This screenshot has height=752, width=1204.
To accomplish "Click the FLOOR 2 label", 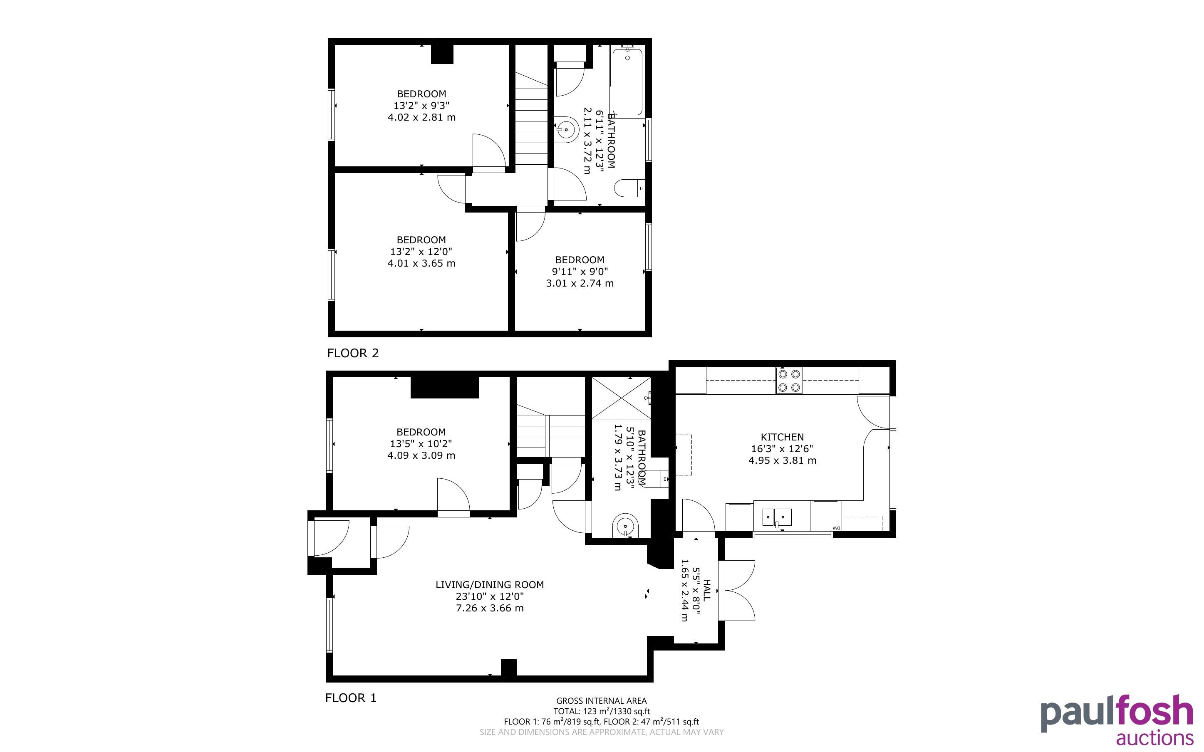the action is click(353, 353).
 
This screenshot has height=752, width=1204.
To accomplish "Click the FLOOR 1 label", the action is click(351, 698).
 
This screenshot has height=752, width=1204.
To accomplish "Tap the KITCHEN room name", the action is click(782, 437).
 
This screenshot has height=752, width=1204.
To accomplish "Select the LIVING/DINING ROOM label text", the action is click(489, 584).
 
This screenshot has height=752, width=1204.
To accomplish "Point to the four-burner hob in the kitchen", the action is click(789, 381).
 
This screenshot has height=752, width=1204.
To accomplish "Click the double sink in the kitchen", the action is click(777, 517).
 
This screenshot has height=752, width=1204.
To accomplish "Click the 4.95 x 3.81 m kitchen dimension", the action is click(782, 460).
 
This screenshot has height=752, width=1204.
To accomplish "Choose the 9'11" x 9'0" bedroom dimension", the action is click(580, 272).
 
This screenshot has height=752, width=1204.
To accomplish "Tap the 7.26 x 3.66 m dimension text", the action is click(490, 608).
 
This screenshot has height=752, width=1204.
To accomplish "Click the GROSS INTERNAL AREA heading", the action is click(601, 701).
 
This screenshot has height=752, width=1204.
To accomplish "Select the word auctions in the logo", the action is click(1155, 737).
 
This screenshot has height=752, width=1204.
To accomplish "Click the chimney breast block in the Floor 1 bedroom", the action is click(445, 388).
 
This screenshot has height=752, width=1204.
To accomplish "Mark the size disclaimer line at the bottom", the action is click(601, 732).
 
